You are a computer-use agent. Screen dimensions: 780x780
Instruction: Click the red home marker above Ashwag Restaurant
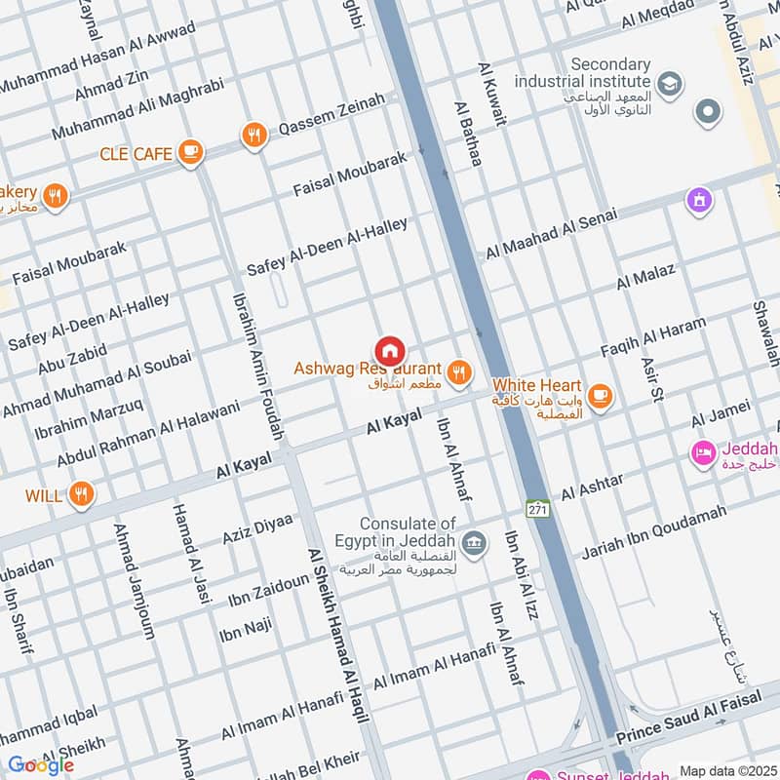coord(390,350)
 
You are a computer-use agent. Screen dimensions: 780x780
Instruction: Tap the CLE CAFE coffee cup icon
coord(190,153)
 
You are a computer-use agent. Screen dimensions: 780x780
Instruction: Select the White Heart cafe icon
coord(601,396)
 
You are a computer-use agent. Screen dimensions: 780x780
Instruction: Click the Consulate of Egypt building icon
coord(474,543)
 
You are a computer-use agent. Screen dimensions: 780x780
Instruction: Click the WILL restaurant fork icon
coord(81,494)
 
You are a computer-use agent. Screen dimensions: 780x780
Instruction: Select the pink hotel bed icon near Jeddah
coord(702,453)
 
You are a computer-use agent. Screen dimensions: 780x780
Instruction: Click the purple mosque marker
coord(698,201)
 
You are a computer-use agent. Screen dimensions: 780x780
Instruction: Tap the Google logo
coord(41,765)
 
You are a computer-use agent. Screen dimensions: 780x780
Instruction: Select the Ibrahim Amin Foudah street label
coord(255,361)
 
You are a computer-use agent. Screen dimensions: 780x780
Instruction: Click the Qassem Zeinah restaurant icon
coord(254,136)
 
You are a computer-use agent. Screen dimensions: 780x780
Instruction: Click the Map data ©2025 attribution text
coord(727,771)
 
